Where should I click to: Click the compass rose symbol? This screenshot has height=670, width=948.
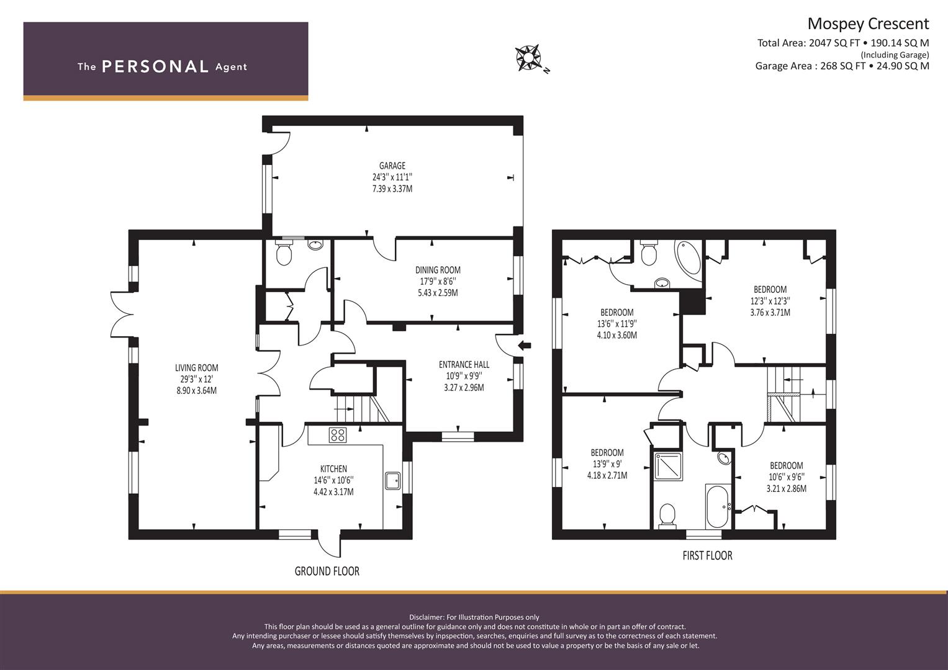point(529,58)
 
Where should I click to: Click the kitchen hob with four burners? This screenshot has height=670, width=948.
point(338,435)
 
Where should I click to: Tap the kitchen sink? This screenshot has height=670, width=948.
point(393,481)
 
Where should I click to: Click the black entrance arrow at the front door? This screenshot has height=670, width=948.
point(525,346)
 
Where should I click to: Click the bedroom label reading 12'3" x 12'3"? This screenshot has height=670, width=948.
point(770,301)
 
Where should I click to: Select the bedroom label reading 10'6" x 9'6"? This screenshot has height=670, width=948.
point(786,476)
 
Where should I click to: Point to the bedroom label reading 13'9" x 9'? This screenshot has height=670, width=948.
point(607,464)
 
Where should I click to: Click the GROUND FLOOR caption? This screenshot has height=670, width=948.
point(327,571)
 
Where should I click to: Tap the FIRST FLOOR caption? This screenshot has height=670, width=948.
point(707,555)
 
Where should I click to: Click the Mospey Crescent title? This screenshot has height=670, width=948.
point(867,24)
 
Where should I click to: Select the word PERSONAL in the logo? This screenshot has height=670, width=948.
point(155,66)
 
